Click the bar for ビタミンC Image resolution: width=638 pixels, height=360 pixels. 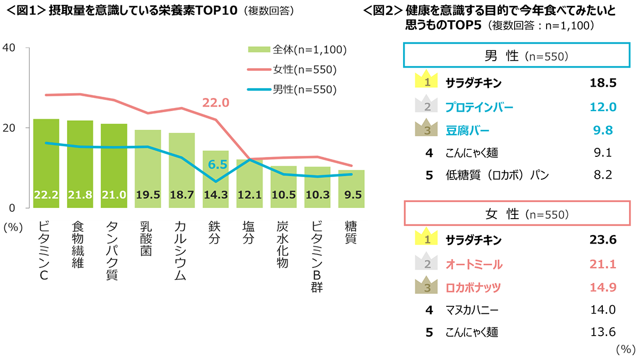[x=46, y=163]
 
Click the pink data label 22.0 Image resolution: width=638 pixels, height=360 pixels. [x=216, y=103]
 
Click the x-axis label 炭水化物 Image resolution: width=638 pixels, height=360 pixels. [x=283, y=245]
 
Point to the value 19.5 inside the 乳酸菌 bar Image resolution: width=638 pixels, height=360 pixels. [x=148, y=195]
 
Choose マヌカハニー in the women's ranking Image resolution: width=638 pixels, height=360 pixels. [x=472, y=309]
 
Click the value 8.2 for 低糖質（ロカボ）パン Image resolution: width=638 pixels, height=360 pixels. [x=602, y=175]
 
